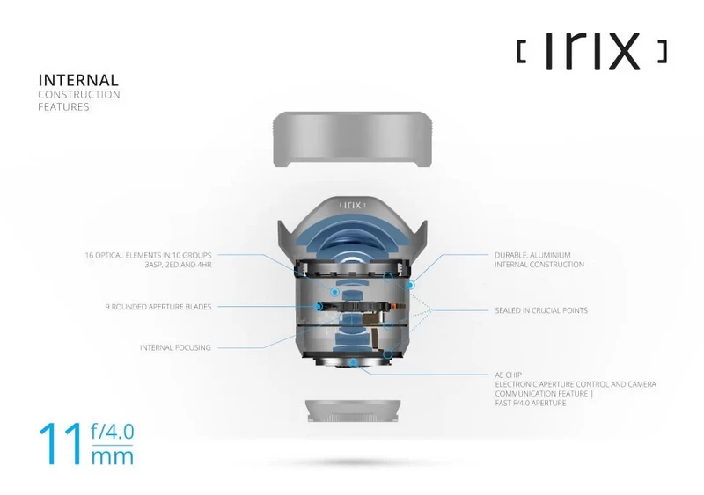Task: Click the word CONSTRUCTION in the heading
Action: click(x=78, y=94)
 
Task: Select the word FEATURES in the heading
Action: click(x=63, y=107)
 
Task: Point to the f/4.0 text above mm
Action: click(x=114, y=433)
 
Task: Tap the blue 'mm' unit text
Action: click(x=113, y=458)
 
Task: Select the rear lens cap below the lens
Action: click(x=352, y=412)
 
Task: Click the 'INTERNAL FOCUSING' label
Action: click(x=175, y=347)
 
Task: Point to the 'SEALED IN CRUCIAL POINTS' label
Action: click(x=541, y=310)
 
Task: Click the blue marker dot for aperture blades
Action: click(x=315, y=307)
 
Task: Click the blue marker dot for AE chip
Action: click(x=351, y=362)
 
